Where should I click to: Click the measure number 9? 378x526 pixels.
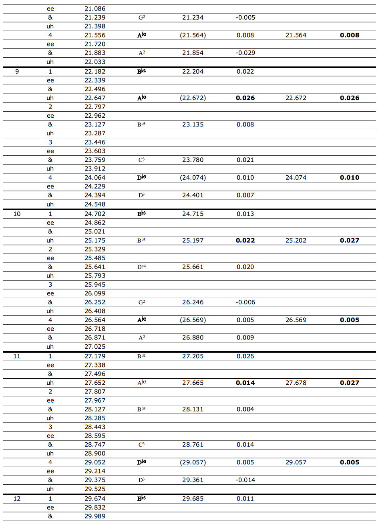pyautogui.click(x=17, y=72)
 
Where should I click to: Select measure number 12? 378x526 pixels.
pyautogui.click(x=17, y=499)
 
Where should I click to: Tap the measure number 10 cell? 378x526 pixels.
pyautogui.click(x=17, y=214)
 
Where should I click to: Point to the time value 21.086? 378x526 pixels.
pyautogui.click(x=95, y=9)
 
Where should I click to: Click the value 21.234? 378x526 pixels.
pyautogui.click(x=193, y=18)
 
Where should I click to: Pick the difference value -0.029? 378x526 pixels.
pyautogui.click(x=245, y=53)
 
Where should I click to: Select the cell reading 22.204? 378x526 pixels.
pyautogui.click(x=193, y=72)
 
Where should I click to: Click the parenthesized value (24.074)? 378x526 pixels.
pyautogui.click(x=193, y=178)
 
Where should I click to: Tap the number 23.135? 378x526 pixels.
pyautogui.click(x=193, y=124)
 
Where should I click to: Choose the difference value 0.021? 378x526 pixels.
pyautogui.click(x=245, y=160)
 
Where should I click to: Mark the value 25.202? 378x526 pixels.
pyautogui.click(x=296, y=241)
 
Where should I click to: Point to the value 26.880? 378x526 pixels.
pyautogui.click(x=193, y=338)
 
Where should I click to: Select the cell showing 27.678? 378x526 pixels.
pyautogui.click(x=296, y=383)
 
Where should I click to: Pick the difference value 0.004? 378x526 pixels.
pyautogui.click(x=245, y=410)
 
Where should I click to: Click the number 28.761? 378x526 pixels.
pyautogui.click(x=193, y=445)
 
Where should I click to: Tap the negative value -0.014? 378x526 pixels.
pyautogui.click(x=245, y=480)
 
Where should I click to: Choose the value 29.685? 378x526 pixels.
pyautogui.click(x=193, y=499)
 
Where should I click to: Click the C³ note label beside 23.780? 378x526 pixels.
pyautogui.click(x=141, y=160)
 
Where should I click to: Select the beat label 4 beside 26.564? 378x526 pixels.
pyautogui.click(x=50, y=320)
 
